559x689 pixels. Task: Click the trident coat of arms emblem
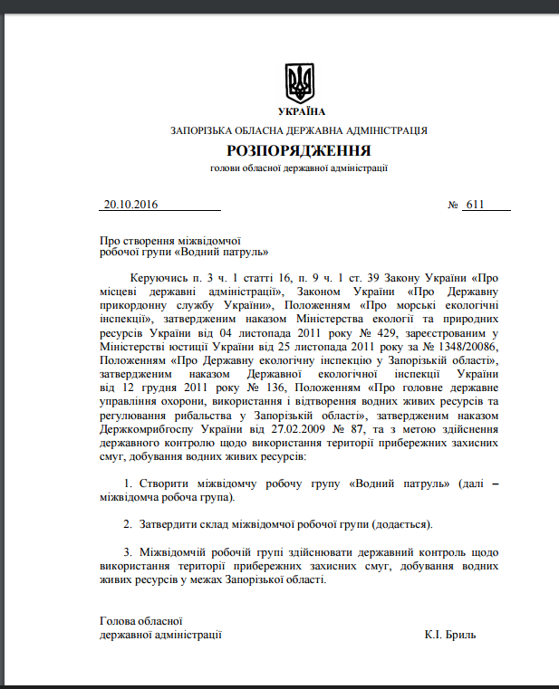coord(299,82)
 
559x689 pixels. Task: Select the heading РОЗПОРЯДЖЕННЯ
coord(299,150)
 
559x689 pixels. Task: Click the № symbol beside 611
coord(453,205)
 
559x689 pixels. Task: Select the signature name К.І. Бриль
coord(449,635)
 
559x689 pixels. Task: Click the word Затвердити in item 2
coord(168,523)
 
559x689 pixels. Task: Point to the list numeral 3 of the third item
coord(127,551)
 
